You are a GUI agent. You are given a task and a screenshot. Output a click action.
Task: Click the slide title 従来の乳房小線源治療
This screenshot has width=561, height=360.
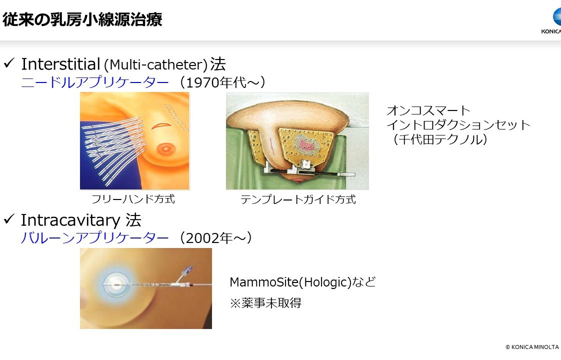[82, 19]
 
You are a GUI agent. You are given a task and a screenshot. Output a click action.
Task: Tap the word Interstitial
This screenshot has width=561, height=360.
[60, 64]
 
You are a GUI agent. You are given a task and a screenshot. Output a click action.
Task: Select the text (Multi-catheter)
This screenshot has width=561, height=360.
[155, 65]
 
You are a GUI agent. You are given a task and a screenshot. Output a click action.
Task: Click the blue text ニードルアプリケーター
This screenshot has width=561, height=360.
[95, 82]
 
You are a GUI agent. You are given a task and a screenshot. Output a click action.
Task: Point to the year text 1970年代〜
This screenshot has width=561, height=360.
[222, 82]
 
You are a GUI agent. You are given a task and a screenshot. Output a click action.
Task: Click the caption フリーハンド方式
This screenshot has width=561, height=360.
[133, 199]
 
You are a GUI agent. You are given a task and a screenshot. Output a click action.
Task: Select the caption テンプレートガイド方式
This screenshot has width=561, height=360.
[298, 199]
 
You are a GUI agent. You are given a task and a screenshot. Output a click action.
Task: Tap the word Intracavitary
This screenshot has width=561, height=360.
[70, 220]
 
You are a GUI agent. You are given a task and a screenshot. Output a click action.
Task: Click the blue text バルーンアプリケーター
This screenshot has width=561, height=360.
[95, 238]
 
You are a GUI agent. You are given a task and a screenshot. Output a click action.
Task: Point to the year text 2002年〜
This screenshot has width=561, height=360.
[215, 238]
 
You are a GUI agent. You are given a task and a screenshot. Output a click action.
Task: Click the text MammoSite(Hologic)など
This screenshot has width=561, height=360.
[302, 282]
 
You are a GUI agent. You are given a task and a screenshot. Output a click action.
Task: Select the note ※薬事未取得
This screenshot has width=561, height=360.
[265, 302]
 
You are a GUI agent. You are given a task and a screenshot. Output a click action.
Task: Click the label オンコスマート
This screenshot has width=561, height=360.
[428, 110]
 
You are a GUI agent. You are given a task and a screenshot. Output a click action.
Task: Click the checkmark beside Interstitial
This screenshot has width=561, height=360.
[9, 63]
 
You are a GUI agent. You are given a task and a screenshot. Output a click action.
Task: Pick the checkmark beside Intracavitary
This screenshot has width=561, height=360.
[9, 218]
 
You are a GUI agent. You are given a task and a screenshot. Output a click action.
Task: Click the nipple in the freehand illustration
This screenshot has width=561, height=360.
[165, 148]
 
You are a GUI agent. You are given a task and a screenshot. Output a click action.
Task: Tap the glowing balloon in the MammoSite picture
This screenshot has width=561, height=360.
[115, 284]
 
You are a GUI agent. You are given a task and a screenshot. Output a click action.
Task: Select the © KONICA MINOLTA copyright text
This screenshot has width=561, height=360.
[532, 347]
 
